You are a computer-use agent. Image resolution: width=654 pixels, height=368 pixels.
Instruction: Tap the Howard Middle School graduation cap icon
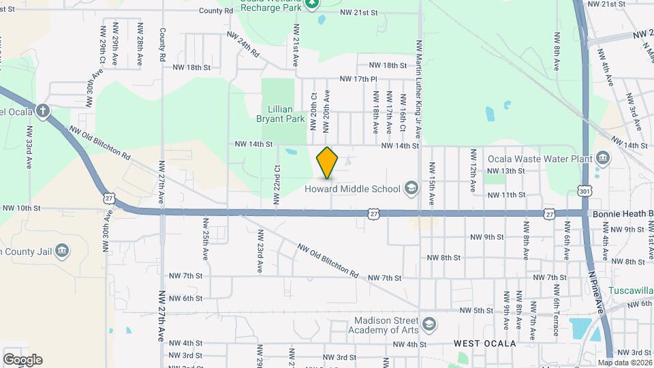pyautogui.click(x=411, y=188)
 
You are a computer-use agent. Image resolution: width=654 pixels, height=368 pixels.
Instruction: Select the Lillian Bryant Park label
pyautogui.click(x=280, y=114)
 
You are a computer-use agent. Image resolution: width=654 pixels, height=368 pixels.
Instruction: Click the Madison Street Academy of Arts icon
pyautogui.click(x=429, y=323)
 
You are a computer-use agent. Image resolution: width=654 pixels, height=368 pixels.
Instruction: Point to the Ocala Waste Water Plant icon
pyautogui.click(x=602, y=157)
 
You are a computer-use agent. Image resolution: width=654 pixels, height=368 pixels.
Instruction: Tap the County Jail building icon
pyautogui.click(x=61, y=251)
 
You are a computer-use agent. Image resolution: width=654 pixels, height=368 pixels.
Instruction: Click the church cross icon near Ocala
pyautogui.click(x=42, y=111)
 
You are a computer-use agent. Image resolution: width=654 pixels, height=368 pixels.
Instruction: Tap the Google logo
pyautogui.click(x=22, y=360)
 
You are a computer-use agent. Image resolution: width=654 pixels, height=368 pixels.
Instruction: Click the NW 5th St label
pyautogui.click(x=476, y=310)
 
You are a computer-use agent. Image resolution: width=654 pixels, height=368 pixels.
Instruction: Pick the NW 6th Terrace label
pyautogui.click(x=556, y=317)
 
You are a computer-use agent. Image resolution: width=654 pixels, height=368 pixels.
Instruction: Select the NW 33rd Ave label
pyautogui.click(x=29, y=147)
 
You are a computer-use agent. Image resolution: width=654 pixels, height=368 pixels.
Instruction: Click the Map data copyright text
pyautogui.click(x=625, y=363)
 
